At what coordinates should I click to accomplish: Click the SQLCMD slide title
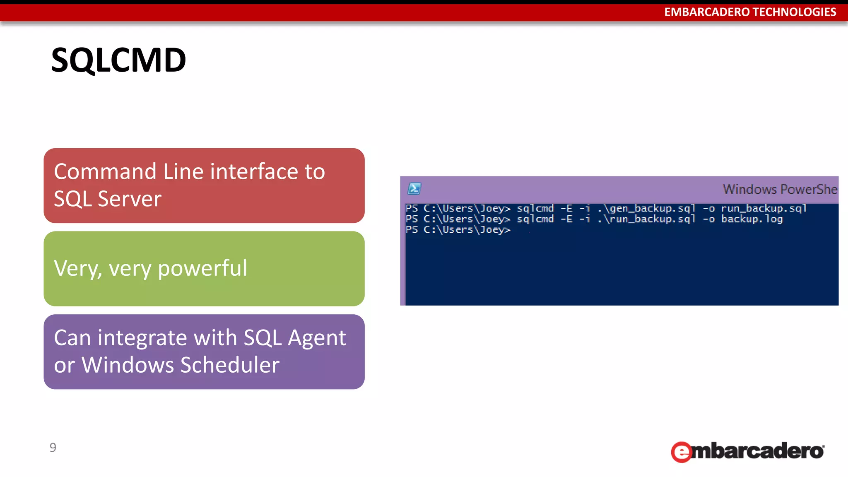pyautogui.click(x=118, y=60)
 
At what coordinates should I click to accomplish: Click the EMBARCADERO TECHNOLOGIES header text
pyautogui.click(x=750, y=12)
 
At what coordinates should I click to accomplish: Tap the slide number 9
pyautogui.click(x=53, y=448)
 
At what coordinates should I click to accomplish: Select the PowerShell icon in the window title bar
pyautogui.click(x=414, y=189)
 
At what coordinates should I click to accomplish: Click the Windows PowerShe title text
pyautogui.click(x=780, y=190)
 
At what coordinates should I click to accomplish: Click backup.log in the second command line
pyautogui.click(x=752, y=219)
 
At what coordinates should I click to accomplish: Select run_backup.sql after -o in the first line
pyautogui.click(x=764, y=208)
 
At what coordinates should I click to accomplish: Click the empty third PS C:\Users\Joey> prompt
pyautogui.click(x=458, y=230)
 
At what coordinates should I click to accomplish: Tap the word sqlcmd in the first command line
pyautogui.click(x=535, y=208)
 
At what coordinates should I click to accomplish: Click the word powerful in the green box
pyautogui.click(x=202, y=268)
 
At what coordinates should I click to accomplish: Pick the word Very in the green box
pyautogui.click(x=77, y=268)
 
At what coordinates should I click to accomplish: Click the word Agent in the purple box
pyautogui.click(x=317, y=338)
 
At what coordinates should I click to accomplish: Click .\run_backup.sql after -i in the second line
pyautogui.click(x=646, y=219)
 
